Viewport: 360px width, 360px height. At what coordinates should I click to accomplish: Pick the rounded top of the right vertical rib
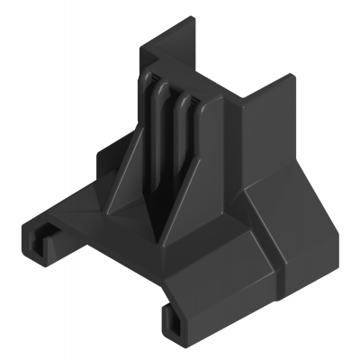(186, 102)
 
